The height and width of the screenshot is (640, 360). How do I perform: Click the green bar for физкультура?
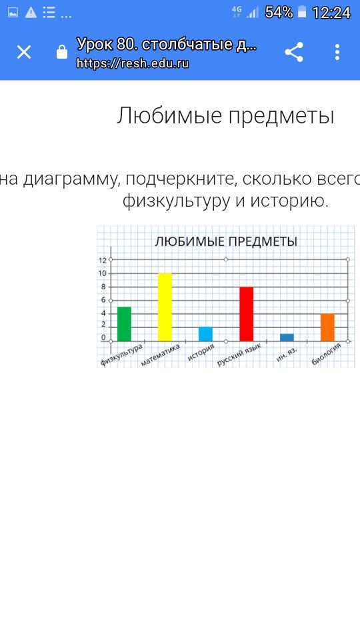[x=124, y=324]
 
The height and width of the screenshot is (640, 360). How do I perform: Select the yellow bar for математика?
[x=165, y=307]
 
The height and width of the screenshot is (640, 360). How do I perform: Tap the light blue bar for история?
[x=205, y=334]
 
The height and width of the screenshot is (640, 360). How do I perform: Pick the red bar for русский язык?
[x=246, y=314]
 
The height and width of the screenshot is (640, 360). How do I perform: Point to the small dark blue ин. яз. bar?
[x=287, y=337]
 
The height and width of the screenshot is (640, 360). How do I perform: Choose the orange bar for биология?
[x=327, y=327]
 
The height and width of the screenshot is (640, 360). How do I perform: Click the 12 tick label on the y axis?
[x=103, y=261]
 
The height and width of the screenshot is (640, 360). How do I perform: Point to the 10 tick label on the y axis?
[x=103, y=273]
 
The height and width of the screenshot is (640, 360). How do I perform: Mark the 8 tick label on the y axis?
[x=104, y=287]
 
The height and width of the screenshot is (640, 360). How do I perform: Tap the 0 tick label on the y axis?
[x=104, y=337]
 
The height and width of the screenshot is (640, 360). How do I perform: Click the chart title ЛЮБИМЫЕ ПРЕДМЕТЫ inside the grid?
[x=226, y=241]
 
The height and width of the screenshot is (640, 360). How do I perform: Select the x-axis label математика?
[x=161, y=355]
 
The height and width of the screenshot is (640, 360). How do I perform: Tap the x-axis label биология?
[x=326, y=354]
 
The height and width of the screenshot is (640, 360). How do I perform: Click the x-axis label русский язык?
[x=239, y=355]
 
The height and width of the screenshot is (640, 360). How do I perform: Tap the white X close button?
[x=24, y=52]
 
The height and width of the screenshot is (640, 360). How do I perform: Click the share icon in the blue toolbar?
[x=294, y=52]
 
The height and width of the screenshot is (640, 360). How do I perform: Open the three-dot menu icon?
[x=337, y=52]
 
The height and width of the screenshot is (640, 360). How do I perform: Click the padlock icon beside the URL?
[x=62, y=52]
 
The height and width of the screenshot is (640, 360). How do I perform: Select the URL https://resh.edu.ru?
[x=133, y=63]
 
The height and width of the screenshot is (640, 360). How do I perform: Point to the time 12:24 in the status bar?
[x=331, y=13]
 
